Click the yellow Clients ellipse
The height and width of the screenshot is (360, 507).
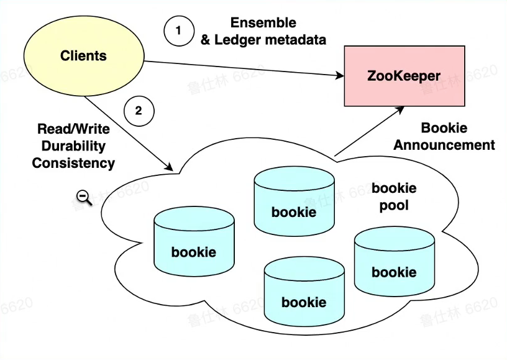tap(83, 56)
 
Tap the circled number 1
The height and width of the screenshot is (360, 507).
tap(178, 30)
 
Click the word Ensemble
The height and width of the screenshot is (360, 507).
tap(263, 23)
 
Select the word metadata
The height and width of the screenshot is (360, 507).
tap(296, 40)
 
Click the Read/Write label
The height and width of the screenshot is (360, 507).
tap(73, 129)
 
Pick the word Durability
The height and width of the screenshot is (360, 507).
tap(73, 146)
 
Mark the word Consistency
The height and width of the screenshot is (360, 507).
tap(73, 163)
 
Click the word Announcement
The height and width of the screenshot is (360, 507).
tap(444, 145)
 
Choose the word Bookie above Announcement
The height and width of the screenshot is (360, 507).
tap(444, 128)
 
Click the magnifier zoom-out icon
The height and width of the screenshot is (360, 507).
tap(84, 198)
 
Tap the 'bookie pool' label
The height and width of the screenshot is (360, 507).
tap(394, 196)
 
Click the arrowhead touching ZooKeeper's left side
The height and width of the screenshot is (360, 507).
tap(340, 76)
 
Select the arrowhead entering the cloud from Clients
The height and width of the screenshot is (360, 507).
tap(170, 167)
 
